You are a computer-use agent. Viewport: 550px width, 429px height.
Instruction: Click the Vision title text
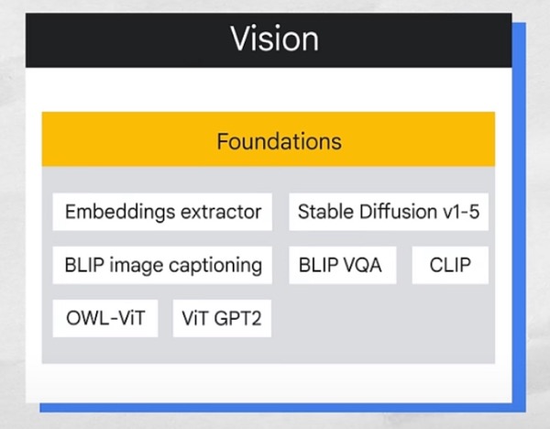[274, 39]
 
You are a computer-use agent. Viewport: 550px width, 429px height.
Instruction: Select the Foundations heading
[279, 141]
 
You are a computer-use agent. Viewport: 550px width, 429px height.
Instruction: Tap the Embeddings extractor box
[162, 212]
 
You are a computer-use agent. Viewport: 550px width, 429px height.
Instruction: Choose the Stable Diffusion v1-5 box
[389, 212]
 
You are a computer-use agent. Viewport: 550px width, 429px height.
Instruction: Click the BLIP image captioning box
[162, 266]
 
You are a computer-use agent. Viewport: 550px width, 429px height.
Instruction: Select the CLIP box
[450, 266]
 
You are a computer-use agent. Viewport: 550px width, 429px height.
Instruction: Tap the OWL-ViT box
[105, 319]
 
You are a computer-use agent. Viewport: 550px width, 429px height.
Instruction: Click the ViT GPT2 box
[221, 319]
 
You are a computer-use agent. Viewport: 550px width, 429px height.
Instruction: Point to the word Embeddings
[119, 212]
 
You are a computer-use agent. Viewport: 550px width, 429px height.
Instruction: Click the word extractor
[220, 212]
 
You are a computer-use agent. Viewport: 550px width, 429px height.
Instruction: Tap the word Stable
[324, 212]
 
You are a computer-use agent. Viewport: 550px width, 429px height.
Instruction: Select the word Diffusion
[394, 212]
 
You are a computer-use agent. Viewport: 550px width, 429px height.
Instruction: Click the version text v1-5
[460, 212]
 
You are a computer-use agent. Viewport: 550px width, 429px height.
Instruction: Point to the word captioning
[218, 266]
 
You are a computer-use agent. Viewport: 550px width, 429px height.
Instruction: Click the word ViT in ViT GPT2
[195, 319]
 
